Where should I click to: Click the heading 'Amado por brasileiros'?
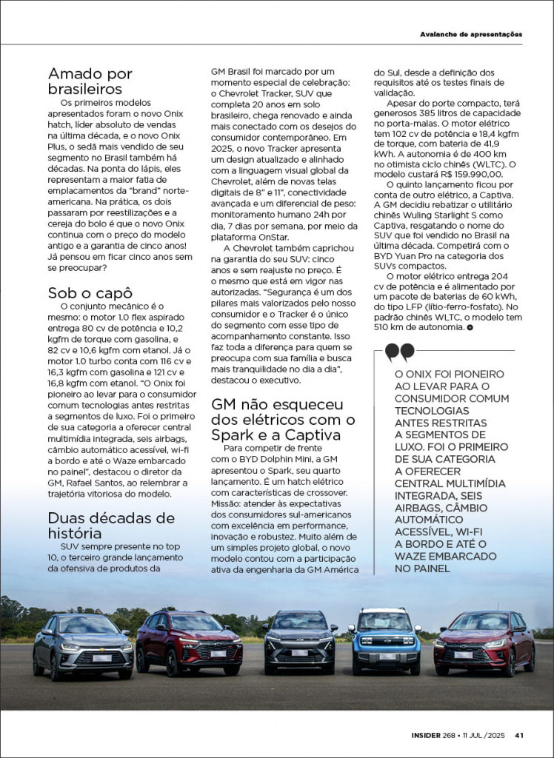[90, 81]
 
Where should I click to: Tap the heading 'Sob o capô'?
[90, 292]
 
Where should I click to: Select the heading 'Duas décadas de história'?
[111, 525]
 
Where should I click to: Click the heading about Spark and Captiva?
[283, 420]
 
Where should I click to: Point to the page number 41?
[519, 735]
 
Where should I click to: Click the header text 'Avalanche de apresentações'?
[471, 34]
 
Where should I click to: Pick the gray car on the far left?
[82, 645]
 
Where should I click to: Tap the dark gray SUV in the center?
[299, 641]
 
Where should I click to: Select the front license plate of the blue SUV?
[386, 654]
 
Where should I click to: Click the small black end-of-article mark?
[470, 326]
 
